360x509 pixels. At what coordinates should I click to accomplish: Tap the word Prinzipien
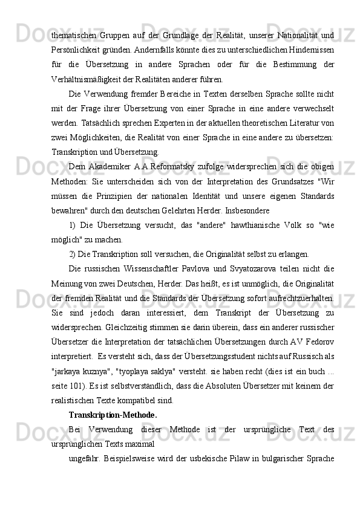click(125, 197)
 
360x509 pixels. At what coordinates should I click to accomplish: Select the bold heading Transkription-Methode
click(113, 415)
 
